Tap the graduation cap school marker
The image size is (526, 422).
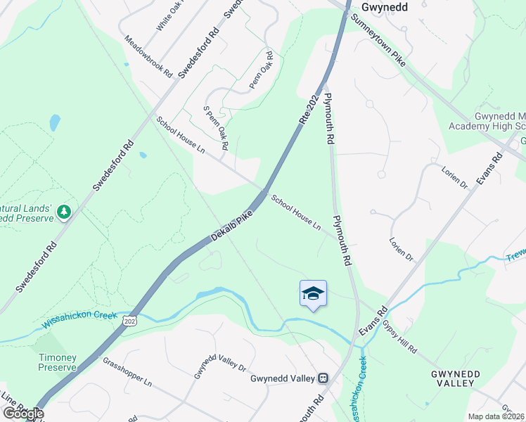pyautogui.click(x=313, y=294)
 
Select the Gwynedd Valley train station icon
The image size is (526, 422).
pyautogui.click(x=323, y=378)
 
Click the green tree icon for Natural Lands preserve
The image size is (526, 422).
pyautogui.click(x=64, y=211)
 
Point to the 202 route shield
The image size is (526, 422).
pyautogui.click(x=129, y=321)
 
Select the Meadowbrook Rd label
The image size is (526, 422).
pyautogui.click(x=148, y=57)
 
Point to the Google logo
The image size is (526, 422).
pyautogui.click(x=23, y=414)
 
